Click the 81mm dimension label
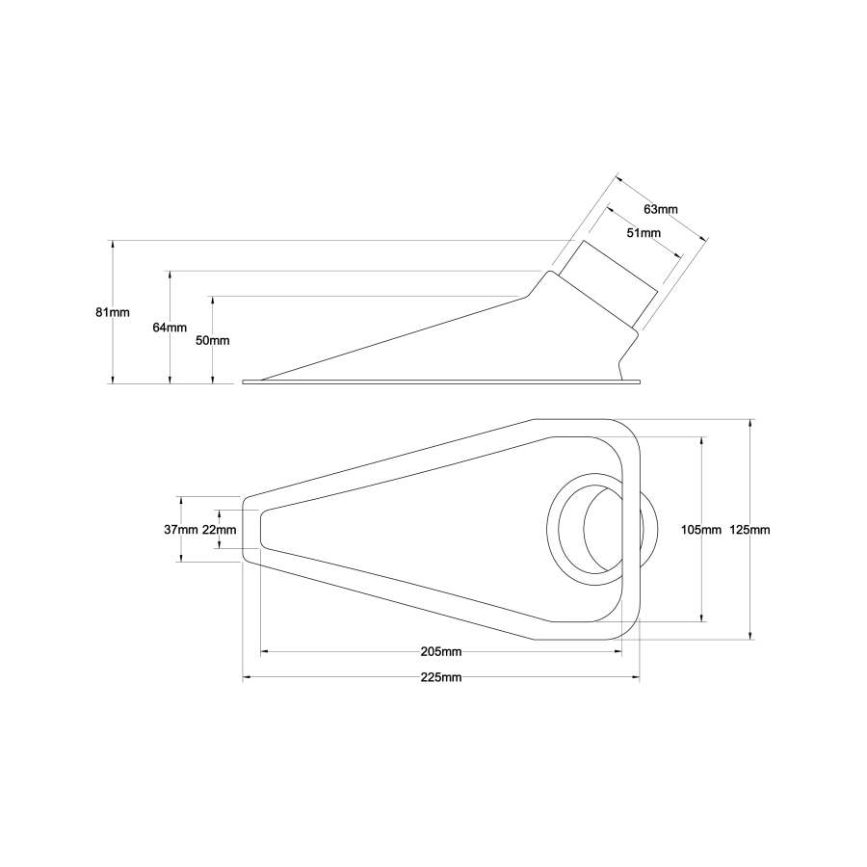(x=112, y=312)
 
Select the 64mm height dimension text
(x=170, y=328)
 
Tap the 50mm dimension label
(x=213, y=341)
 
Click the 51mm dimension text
(x=644, y=233)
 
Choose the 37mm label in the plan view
(x=181, y=530)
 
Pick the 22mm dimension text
(x=219, y=530)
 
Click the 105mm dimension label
(x=700, y=530)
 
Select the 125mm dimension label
(x=749, y=530)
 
